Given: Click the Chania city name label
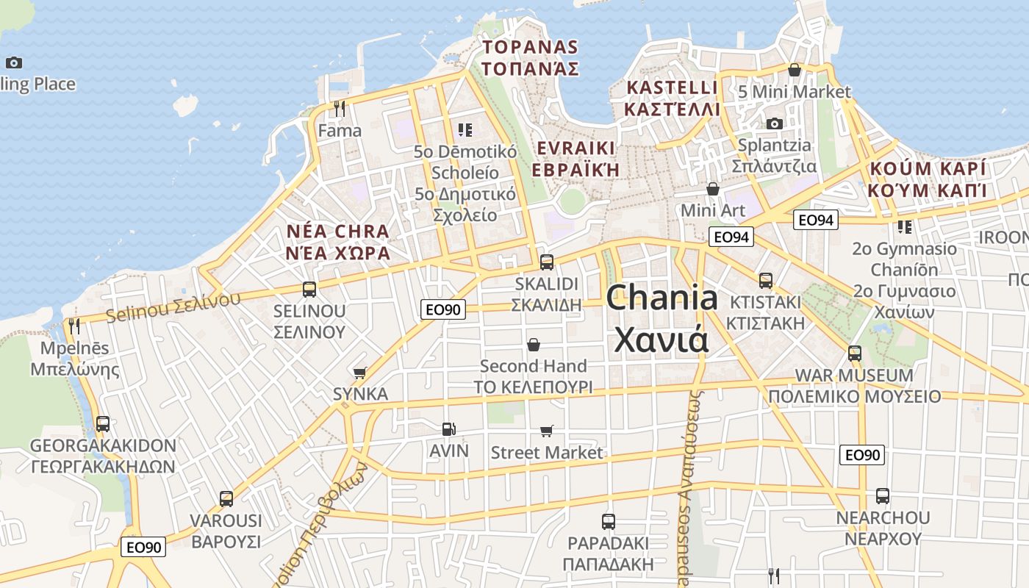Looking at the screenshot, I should pyautogui.click(x=661, y=318).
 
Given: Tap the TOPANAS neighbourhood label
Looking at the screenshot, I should pyautogui.click(x=530, y=58).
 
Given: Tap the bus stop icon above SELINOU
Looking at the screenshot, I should pyautogui.click(x=309, y=290).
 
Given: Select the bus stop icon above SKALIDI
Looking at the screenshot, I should pyautogui.click(x=546, y=262).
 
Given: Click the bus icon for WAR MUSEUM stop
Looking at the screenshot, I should pyautogui.click(x=854, y=354).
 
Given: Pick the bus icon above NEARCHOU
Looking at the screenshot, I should pyautogui.click(x=882, y=496).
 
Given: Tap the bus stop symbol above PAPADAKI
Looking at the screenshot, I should pyautogui.click(x=608, y=522).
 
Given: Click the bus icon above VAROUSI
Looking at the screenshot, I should pyautogui.click(x=226, y=499).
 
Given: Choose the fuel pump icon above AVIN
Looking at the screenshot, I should pyautogui.click(x=448, y=429).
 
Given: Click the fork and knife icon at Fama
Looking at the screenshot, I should pyautogui.click(x=339, y=109).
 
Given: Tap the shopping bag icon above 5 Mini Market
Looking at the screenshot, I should pyautogui.click(x=794, y=70).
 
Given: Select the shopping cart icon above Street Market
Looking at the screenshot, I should pyautogui.click(x=546, y=431).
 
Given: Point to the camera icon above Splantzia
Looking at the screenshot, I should pyautogui.click(x=774, y=123).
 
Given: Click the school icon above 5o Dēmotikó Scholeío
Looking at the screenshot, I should pyautogui.click(x=465, y=130).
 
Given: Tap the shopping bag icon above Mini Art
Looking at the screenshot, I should pyautogui.click(x=712, y=189).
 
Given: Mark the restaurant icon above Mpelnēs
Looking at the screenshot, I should pyautogui.click(x=74, y=326).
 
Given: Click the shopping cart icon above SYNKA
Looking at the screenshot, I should pyautogui.click(x=359, y=373).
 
